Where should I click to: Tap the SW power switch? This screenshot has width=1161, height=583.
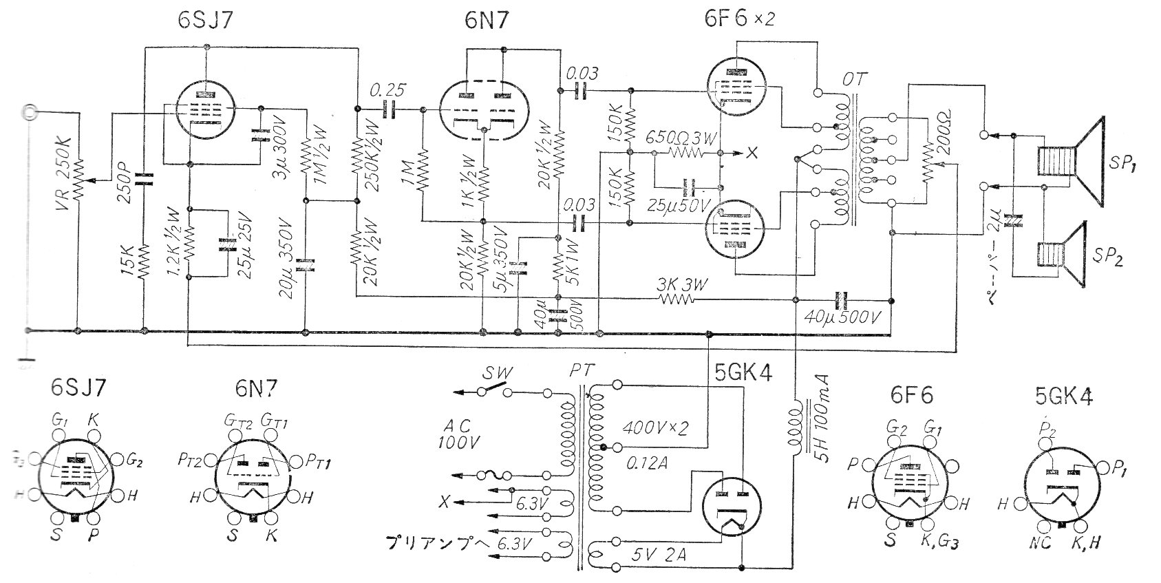pos(490,390)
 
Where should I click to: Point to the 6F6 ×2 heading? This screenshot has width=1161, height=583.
pos(738,19)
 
